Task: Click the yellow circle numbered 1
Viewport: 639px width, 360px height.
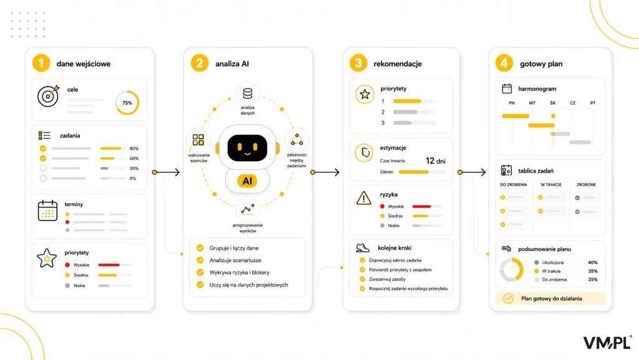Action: point(41,63)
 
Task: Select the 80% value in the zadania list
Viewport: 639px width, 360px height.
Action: point(134,148)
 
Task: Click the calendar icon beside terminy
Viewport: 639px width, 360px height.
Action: point(47,210)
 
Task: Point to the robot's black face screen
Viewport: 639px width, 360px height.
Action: point(247,147)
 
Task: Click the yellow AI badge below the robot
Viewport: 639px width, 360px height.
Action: point(247,181)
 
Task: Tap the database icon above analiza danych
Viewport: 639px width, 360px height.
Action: point(247,94)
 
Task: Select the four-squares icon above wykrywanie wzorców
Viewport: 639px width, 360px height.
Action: point(198,140)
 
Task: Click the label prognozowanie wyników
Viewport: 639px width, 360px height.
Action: point(248,228)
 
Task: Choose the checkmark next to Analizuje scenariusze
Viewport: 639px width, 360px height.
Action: point(200,260)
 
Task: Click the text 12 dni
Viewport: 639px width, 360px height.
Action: point(435,161)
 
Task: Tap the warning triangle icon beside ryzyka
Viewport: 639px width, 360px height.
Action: point(364,198)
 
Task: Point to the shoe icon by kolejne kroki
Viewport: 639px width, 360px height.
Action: point(363,248)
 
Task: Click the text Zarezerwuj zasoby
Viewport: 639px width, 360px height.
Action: point(387,280)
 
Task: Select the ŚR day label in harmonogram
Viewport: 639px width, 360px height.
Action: point(553,103)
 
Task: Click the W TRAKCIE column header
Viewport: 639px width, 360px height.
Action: point(551,185)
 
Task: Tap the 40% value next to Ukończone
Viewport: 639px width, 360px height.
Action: point(593,263)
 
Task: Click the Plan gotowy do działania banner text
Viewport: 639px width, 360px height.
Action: point(552,298)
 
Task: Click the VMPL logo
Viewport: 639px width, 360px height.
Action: point(607,343)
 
